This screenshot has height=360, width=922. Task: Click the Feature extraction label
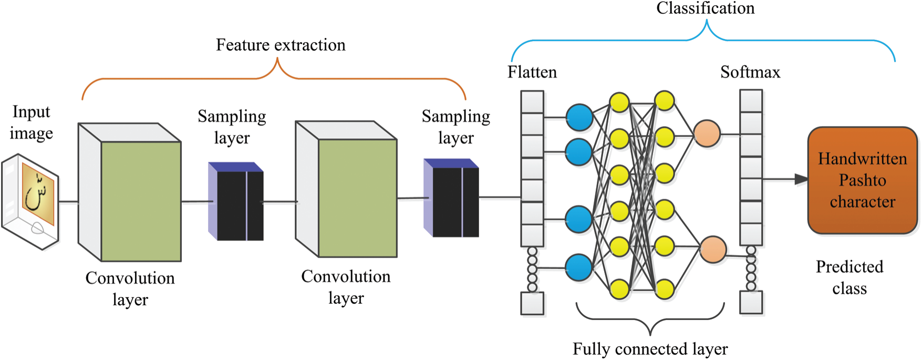[x=281, y=45]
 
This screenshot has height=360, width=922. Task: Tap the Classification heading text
[x=705, y=8]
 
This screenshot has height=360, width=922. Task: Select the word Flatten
[x=532, y=72]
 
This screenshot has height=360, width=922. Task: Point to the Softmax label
[x=750, y=72]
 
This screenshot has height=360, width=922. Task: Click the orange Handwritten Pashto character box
[x=862, y=180]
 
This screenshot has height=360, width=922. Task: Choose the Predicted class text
[x=849, y=277]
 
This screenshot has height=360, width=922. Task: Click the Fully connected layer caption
[x=650, y=348]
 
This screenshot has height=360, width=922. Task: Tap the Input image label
[x=32, y=122]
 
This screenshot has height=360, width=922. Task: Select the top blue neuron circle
[x=579, y=117]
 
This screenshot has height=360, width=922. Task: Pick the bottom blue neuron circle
[x=579, y=268]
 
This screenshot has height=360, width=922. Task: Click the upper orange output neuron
[x=707, y=133]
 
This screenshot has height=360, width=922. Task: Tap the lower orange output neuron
[x=713, y=249]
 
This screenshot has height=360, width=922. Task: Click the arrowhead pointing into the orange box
[x=801, y=180]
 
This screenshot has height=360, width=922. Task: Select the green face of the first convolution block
[x=141, y=201]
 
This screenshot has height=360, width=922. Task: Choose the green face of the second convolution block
[x=357, y=198]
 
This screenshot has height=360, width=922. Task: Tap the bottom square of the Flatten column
[x=532, y=303]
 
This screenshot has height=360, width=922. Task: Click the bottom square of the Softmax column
[x=751, y=303]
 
